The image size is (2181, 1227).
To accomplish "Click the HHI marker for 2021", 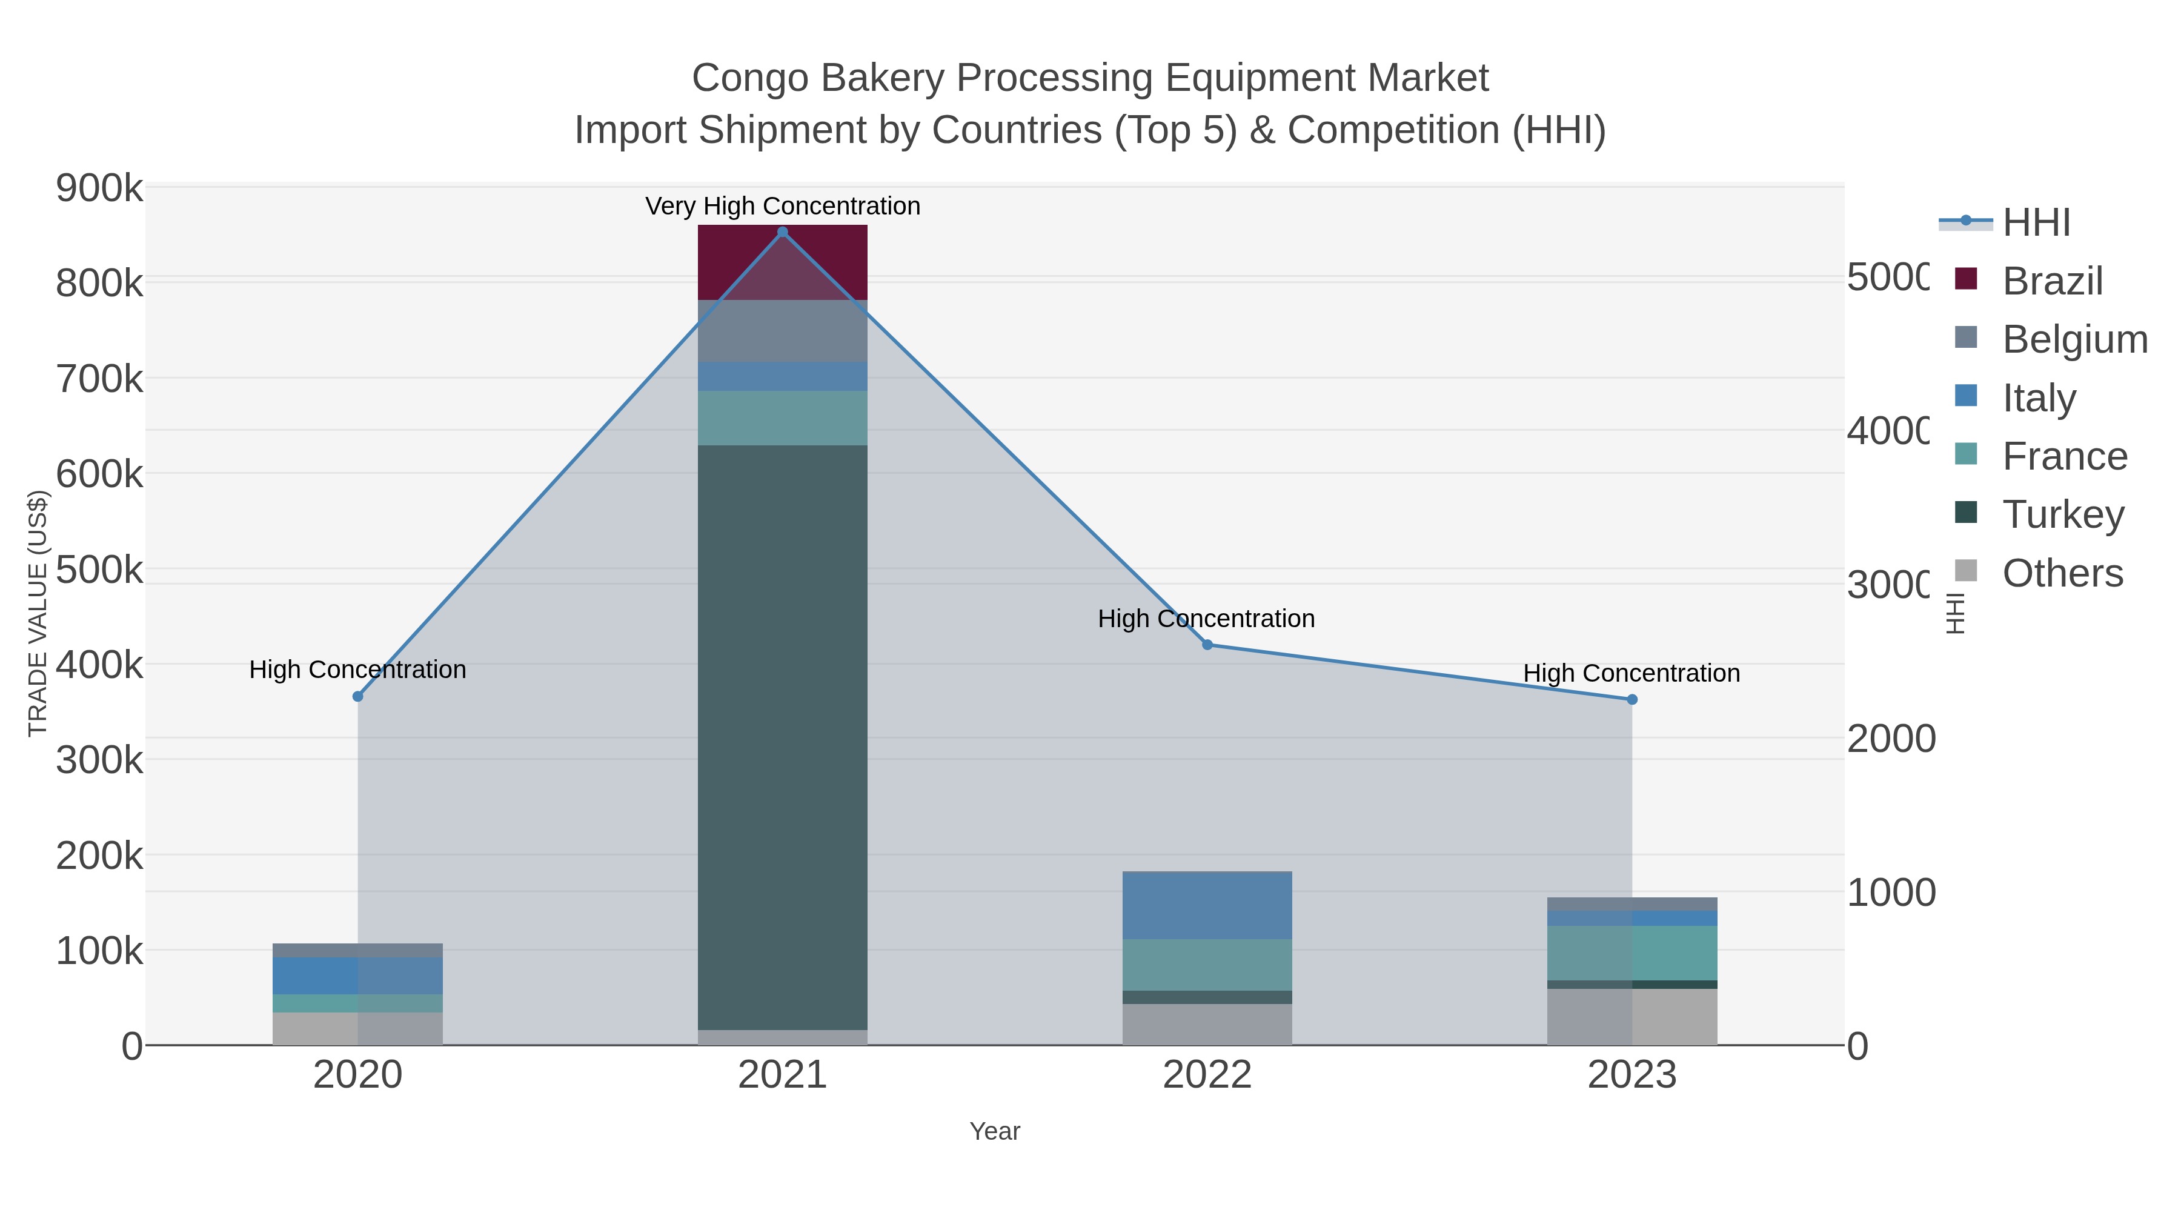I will pyautogui.click(x=782, y=232).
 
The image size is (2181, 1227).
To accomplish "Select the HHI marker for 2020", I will pyautogui.click(x=357, y=696).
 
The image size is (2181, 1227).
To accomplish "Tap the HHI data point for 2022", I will pyautogui.click(x=1207, y=645).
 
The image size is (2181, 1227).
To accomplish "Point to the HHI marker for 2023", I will pyautogui.click(x=1632, y=699).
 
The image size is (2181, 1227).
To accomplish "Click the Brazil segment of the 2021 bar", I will pyautogui.click(x=782, y=262).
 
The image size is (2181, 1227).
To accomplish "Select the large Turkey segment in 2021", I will pyautogui.click(x=782, y=737).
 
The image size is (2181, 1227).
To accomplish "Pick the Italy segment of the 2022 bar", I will pyautogui.click(x=1207, y=905).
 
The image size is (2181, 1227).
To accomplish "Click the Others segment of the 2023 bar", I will pyautogui.click(x=1632, y=1016).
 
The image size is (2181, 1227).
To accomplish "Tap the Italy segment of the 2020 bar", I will pyautogui.click(x=357, y=976).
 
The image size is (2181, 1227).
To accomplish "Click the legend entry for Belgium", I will pyautogui.click(x=2074, y=339).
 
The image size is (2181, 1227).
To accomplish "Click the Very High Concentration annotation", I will pyautogui.click(x=782, y=206).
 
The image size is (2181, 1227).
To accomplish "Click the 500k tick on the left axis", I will pyautogui.click(x=99, y=570).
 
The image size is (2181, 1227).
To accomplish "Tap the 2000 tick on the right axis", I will pyautogui.click(x=1891, y=739).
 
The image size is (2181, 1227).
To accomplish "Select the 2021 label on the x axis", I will pyautogui.click(x=782, y=1076).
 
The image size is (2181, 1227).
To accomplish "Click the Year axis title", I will pyautogui.click(x=994, y=1131).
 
